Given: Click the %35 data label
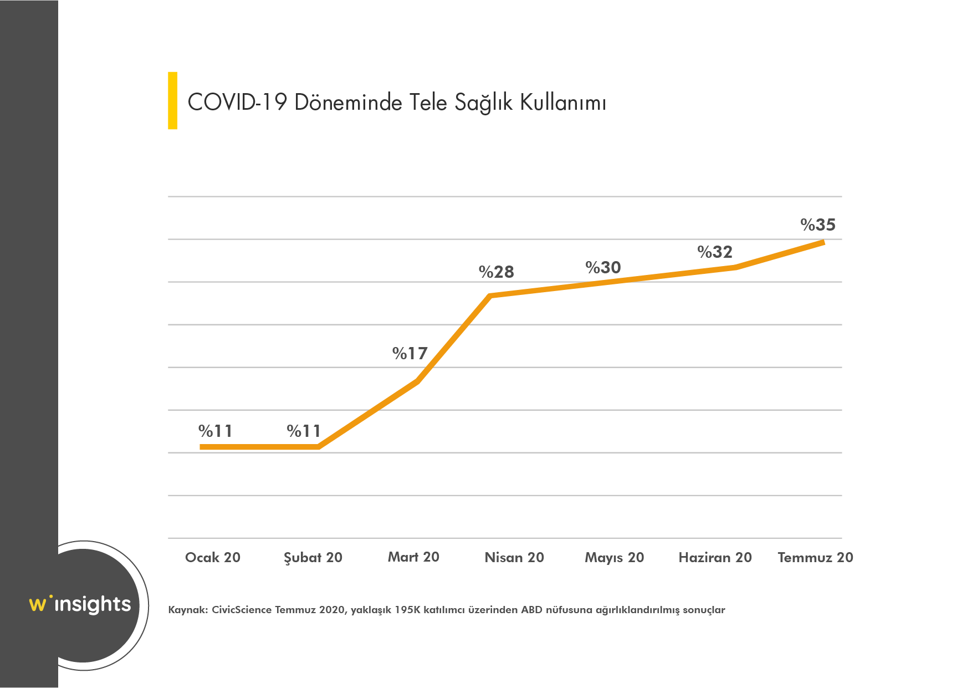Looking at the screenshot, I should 817,225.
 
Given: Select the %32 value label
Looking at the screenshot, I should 714,252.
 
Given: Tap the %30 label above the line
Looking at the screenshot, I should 603,268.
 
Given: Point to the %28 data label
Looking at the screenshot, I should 496,272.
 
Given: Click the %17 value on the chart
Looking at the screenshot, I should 410,354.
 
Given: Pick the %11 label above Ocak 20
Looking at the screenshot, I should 215,431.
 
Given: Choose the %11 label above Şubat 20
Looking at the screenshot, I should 304,431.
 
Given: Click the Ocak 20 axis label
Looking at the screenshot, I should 212,558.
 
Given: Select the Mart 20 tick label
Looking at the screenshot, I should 413,557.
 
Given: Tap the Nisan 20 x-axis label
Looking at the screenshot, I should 514,558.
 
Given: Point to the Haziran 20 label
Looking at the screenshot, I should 715,558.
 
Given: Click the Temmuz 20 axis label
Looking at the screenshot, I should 815,558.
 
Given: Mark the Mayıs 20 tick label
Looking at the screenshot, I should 614,558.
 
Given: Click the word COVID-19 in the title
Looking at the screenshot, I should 237,103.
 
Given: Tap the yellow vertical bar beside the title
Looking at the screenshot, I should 172,100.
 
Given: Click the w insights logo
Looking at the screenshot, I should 80,604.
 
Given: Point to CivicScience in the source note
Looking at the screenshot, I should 242,610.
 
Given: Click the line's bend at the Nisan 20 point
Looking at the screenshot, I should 490,296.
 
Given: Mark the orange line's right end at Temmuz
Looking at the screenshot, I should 823,242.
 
